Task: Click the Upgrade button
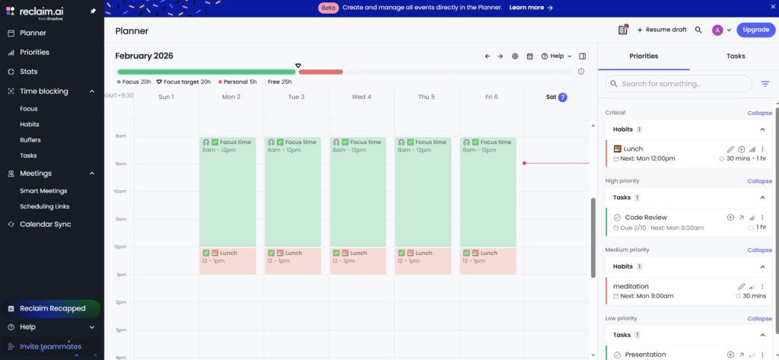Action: pos(755,30)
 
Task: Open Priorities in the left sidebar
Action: pos(34,53)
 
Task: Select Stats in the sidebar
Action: pos(28,72)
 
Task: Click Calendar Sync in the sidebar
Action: pos(45,225)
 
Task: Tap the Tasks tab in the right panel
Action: pos(736,56)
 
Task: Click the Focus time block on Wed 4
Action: pos(358,191)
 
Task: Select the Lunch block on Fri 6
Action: pos(488,260)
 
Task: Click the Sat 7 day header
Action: pos(557,97)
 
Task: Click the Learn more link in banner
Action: pos(531,8)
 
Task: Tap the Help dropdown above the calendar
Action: pos(556,56)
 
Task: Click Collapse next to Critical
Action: pos(759,113)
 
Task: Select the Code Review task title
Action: pos(646,218)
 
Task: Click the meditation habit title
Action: pos(631,286)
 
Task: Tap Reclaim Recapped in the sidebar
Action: pos(52,308)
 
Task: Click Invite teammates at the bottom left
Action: pos(50,346)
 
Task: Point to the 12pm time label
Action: pos(120,247)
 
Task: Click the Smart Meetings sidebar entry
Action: pos(43,191)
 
